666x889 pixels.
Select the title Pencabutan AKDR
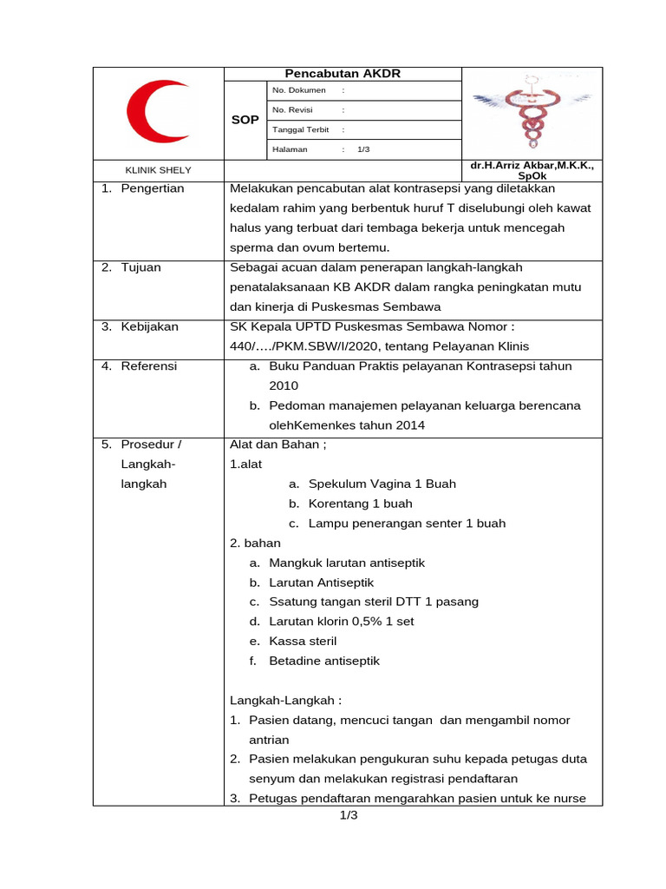(343, 74)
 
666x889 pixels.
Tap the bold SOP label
(245, 120)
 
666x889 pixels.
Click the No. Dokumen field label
(299, 90)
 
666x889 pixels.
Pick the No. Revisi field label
(292, 110)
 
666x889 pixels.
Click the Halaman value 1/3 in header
(363, 149)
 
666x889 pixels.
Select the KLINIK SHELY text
(159, 170)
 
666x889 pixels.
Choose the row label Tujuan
(140, 267)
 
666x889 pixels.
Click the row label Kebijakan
(149, 326)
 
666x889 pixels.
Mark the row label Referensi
(148, 366)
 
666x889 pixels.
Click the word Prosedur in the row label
(144, 444)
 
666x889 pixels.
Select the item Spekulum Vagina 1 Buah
(382, 484)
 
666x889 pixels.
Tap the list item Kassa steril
(303, 641)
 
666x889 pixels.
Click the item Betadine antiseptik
(323, 661)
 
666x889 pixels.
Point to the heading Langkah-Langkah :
(285, 701)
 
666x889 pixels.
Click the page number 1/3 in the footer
(348, 815)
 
